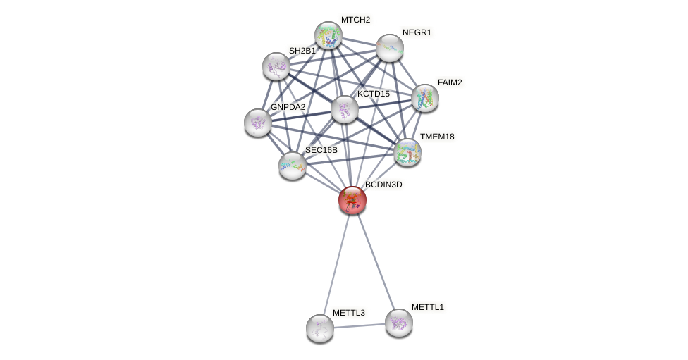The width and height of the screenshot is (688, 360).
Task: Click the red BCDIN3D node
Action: (352, 200)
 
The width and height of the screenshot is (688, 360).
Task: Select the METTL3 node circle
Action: (320, 328)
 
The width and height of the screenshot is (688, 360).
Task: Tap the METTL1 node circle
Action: (398, 323)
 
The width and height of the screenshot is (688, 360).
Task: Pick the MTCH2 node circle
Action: (328, 35)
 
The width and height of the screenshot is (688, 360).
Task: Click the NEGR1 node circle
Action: (389, 48)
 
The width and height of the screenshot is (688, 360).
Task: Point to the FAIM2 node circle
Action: (424, 98)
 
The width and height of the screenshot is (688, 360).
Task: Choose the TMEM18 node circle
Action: (407, 151)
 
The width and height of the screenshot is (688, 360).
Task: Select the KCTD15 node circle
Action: (345, 109)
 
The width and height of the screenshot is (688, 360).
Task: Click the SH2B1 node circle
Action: (276, 66)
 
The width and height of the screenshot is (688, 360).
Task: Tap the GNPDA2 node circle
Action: (258, 123)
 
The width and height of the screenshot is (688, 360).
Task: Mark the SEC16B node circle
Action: (292, 166)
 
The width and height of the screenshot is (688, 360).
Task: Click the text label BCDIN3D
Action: (383, 185)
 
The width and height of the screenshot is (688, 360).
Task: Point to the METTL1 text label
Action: (427, 307)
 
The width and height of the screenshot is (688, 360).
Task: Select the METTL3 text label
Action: (348, 313)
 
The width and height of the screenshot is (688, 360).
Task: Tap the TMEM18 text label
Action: (437, 137)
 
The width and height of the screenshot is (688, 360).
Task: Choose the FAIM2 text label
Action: (450, 82)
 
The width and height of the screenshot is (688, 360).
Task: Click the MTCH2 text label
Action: (355, 20)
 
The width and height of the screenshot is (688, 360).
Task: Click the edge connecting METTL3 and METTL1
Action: (360, 325)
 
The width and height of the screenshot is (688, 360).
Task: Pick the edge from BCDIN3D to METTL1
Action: (374, 260)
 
